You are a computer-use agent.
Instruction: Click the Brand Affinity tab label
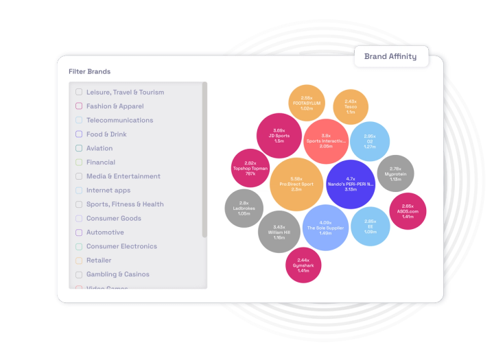[x=390, y=56]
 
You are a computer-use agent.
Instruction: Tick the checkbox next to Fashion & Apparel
[x=79, y=106]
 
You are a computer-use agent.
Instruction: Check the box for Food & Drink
[x=79, y=134]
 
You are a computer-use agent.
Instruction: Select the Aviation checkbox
[x=79, y=148]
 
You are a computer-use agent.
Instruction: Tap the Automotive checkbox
[x=79, y=232]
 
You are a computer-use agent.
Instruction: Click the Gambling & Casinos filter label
[x=117, y=274]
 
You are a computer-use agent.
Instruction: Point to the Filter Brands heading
[x=89, y=71]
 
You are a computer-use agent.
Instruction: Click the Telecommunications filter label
[x=119, y=120]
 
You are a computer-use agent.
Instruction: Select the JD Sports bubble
[x=279, y=135]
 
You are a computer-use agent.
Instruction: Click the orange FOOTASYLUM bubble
[x=307, y=104]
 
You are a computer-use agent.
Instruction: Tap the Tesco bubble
[x=351, y=107]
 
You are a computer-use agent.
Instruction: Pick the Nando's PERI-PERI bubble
[x=351, y=184]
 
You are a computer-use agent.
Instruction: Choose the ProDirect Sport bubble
[x=296, y=184]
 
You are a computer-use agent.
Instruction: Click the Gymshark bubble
[x=303, y=265]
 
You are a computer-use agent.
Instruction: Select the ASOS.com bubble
[x=408, y=211]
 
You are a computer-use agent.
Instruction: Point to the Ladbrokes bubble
[x=244, y=208]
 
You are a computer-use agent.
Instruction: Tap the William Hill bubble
[x=279, y=232]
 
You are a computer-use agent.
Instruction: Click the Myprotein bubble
[x=395, y=173]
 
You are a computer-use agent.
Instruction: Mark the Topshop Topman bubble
[x=250, y=168]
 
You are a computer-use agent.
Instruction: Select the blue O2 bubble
[x=370, y=141]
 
